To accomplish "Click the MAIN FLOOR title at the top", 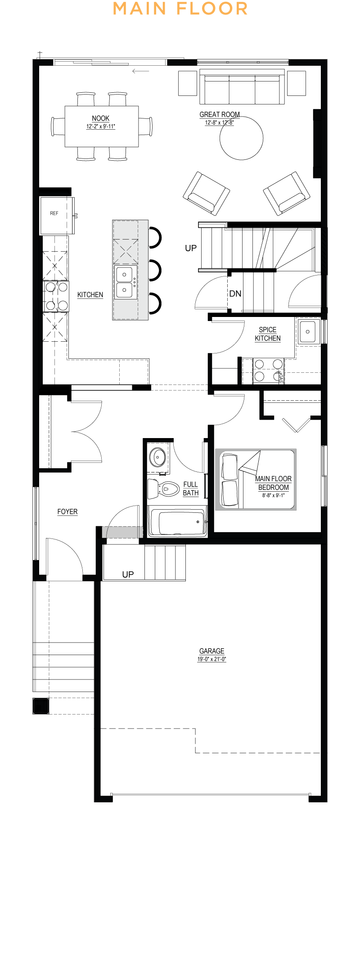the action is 180,9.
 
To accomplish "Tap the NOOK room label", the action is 101,118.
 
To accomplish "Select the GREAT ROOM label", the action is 220,114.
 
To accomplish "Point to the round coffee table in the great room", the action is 241,138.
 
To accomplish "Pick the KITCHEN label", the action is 90,294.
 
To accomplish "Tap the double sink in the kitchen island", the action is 125,282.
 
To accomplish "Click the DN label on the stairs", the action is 235,294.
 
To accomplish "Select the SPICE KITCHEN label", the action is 268,334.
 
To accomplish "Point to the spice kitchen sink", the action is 308,331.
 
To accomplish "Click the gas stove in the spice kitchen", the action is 268,370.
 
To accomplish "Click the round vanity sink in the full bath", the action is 158,458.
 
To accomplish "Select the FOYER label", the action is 67,511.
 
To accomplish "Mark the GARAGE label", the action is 212,651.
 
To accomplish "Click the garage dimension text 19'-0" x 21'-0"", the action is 212,659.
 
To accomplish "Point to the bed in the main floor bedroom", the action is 256,479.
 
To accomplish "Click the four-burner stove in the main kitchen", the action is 56,296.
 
